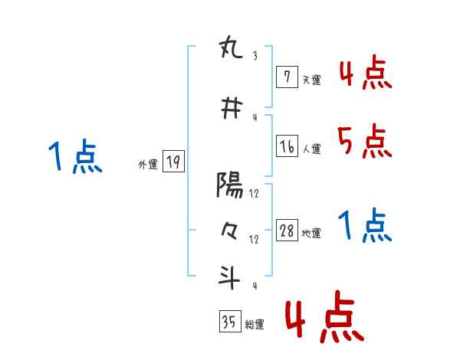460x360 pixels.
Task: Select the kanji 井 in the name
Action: coord(230,110)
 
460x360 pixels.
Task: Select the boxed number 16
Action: coord(287,146)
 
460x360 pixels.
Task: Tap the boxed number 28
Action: coord(287,231)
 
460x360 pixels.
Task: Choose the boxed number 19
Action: coord(173,162)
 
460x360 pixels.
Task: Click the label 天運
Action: coord(311,80)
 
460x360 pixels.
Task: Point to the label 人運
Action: coord(312,149)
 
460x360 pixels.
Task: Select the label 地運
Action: coord(312,234)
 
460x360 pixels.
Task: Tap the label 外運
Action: coord(148,164)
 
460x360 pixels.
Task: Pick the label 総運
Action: coord(255,325)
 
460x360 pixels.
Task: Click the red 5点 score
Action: coord(364,141)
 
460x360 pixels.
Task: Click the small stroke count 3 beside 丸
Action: coord(254,55)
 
